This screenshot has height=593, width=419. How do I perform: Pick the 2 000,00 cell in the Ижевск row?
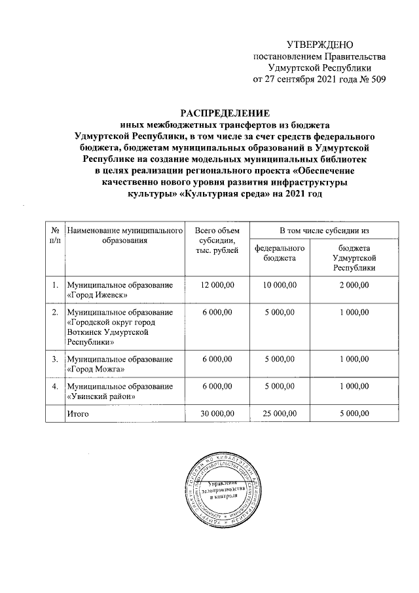click(x=354, y=285)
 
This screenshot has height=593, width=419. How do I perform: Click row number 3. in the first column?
click(x=55, y=359)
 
